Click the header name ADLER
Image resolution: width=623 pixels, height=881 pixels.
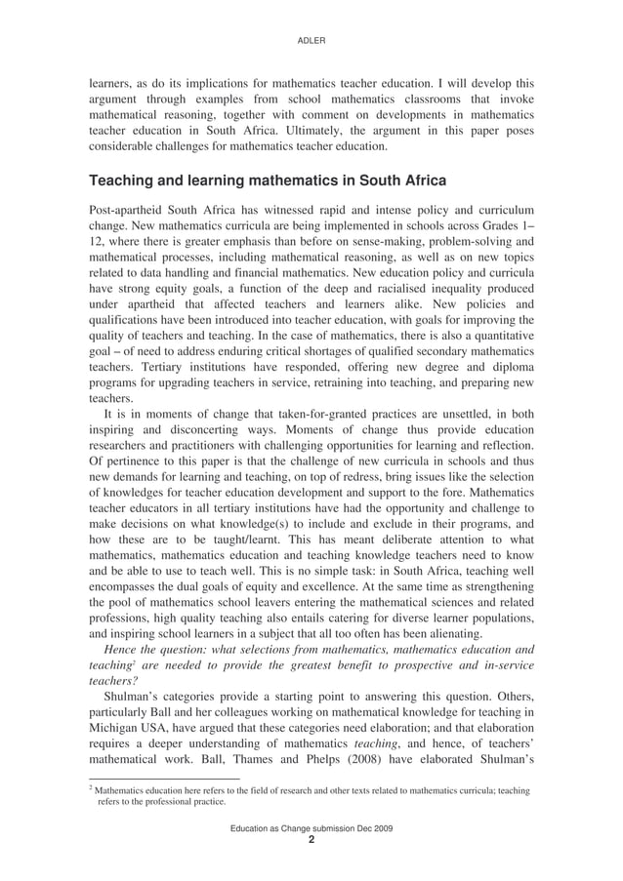coord(311,40)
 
